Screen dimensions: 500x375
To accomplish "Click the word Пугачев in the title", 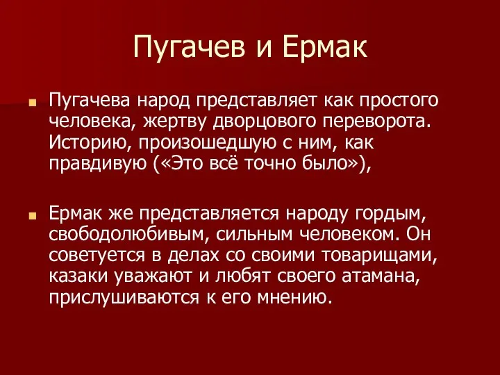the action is [x=189, y=47].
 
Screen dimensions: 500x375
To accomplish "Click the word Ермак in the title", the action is [x=325, y=47].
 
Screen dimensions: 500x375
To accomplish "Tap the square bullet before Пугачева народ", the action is [x=32, y=103].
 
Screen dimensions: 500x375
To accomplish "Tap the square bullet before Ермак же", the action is [x=32, y=216].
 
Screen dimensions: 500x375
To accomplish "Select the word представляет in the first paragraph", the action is [x=257, y=101].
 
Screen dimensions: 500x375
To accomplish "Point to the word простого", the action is [x=399, y=101].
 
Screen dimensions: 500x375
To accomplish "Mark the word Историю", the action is [x=90, y=142].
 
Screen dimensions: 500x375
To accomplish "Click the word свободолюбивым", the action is [x=129, y=234].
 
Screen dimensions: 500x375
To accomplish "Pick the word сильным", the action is [x=254, y=235].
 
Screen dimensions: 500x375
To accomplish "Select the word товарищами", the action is [x=379, y=255].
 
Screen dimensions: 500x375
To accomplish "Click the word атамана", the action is [x=381, y=276].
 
